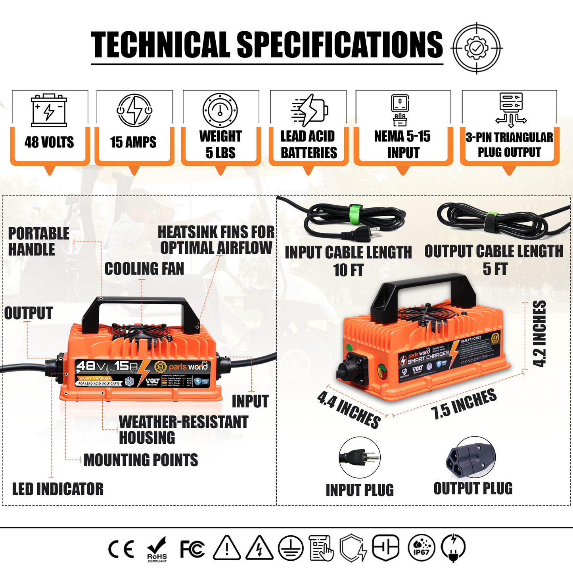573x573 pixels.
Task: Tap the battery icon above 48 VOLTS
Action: pos(49,110)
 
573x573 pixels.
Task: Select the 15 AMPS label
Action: pos(133,142)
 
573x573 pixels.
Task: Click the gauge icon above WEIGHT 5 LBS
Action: pos(220,110)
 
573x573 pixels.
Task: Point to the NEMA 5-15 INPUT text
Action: pos(402,144)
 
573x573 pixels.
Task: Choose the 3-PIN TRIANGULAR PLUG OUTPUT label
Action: pos(509,145)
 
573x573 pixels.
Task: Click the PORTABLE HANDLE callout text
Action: pos(38,241)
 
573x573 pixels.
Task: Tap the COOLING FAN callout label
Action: pos(144,269)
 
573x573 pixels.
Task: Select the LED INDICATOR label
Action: pos(58,489)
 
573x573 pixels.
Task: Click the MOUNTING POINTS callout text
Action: pos(141,460)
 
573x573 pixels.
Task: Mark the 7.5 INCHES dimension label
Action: pos(464,404)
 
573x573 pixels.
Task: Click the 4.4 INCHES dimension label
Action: pos(349,409)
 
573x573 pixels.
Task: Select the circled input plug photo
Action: pos(360,458)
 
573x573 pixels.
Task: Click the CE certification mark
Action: pos(121,549)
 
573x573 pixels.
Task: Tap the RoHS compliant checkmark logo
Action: pos(157,549)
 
